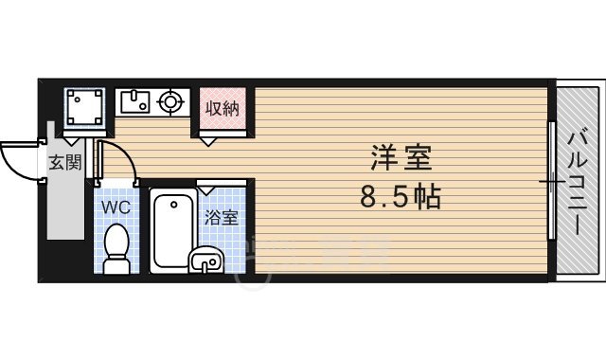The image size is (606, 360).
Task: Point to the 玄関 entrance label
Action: [x=64, y=162]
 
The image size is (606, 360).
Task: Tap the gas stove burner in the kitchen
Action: [x=170, y=100]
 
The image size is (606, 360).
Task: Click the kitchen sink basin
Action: [x=134, y=100]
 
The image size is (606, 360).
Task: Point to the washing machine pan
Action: [x=85, y=106]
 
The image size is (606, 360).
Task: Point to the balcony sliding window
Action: [x=551, y=180]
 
